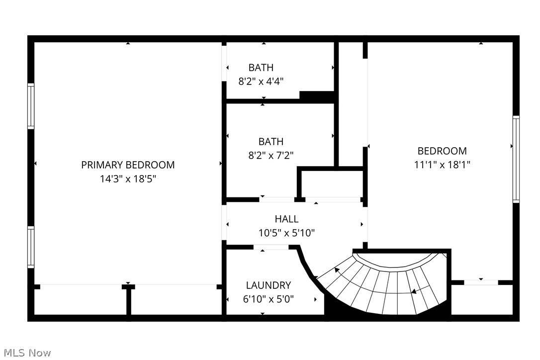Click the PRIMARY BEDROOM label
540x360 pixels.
click(128, 165)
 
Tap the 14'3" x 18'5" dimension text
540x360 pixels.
click(128, 179)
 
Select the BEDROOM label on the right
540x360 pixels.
click(442, 151)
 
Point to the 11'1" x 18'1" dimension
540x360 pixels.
click(442, 164)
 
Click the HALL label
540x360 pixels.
click(286, 219)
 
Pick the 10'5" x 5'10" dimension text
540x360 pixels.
click(286, 232)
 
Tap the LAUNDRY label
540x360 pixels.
click(268, 285)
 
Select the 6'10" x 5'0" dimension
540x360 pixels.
click(268, 299)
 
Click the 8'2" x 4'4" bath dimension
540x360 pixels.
click(261, 81)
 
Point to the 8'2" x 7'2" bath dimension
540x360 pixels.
click(270, 155)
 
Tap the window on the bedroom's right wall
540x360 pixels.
click(516, 159)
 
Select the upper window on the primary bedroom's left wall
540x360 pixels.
click(31, 106)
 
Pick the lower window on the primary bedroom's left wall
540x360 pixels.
click(31, 247)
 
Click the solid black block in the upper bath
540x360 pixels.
click(316, 96)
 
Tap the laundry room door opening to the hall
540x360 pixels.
click(271, 247)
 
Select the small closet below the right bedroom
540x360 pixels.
click(481, 299)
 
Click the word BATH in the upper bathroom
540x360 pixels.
click(261, 68)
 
